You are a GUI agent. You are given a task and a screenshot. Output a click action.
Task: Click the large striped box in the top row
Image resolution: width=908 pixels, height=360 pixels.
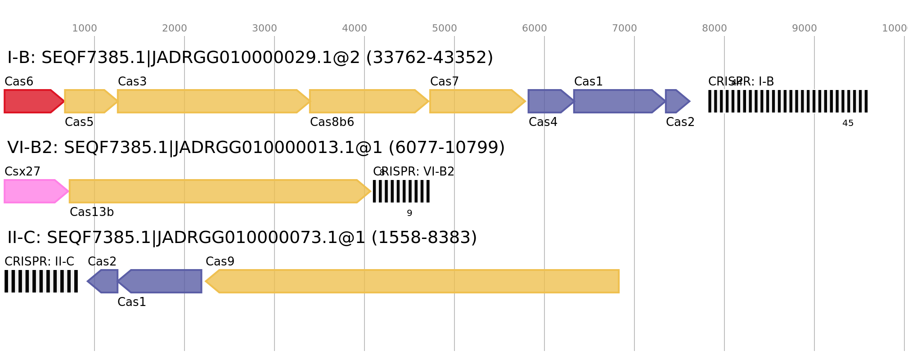(788, 101)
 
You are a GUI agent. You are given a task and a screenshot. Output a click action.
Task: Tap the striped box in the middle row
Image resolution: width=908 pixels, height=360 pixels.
(401, 191)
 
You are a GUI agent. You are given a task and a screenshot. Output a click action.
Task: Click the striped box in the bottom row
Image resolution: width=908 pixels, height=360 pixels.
(41, 281)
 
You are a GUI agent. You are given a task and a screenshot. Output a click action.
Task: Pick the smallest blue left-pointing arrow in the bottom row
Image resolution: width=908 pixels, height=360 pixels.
(104, 281)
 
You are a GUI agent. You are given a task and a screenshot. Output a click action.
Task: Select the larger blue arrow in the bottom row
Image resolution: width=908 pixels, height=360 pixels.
(162, 281)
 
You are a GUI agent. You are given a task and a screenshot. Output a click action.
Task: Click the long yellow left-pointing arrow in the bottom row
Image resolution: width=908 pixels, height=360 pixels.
(414, 281)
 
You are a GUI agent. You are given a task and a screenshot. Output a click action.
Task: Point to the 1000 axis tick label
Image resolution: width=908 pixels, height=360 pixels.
(85, 28)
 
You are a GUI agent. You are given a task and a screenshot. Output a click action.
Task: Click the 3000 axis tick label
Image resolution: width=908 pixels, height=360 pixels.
(265, 28)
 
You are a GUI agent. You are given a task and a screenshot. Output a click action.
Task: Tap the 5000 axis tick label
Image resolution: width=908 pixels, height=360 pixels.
(445, 28)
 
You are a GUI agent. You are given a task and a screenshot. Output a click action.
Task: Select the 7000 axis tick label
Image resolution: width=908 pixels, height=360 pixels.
(625, 28)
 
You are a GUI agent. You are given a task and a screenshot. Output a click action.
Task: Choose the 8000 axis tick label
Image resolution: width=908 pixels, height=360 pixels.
(715, 28)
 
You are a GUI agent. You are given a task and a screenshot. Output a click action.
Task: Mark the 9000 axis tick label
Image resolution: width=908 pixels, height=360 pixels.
(805, 28)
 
